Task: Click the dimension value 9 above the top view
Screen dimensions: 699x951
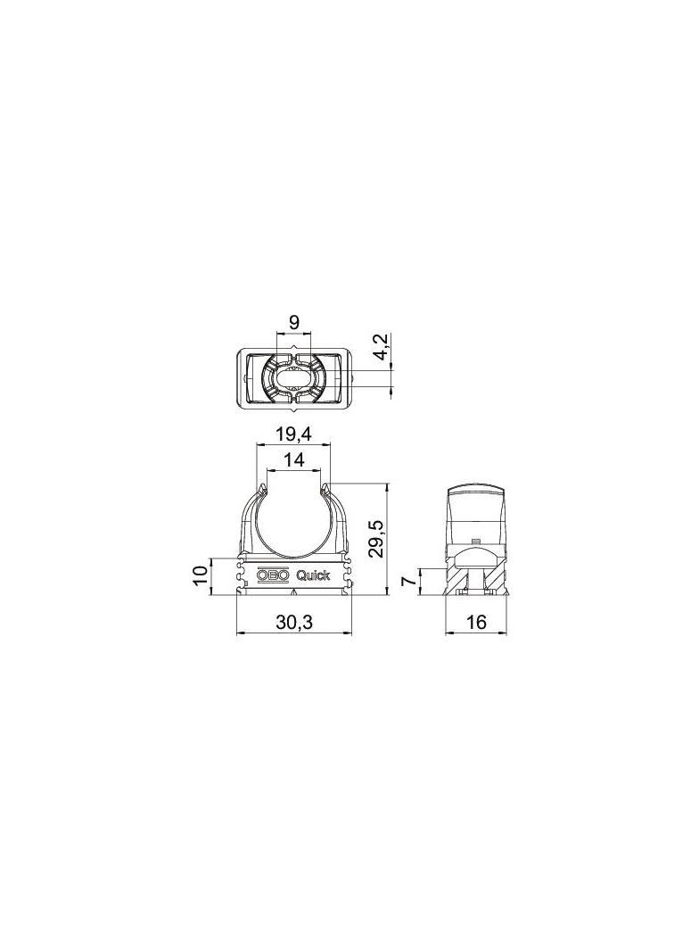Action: coord(293,322)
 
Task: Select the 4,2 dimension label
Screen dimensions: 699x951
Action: coord(381,347)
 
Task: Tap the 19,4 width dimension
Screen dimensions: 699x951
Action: coord(293,434)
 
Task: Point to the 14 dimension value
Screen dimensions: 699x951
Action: coord(293,460)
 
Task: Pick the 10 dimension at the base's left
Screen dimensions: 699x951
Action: coord(201,575)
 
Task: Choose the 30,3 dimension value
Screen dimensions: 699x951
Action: coord(293,623)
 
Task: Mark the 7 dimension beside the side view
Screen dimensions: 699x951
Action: coord(410,582)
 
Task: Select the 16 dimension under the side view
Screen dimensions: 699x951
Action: coord(477,623)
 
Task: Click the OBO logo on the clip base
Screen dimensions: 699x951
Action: coord(274,575)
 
